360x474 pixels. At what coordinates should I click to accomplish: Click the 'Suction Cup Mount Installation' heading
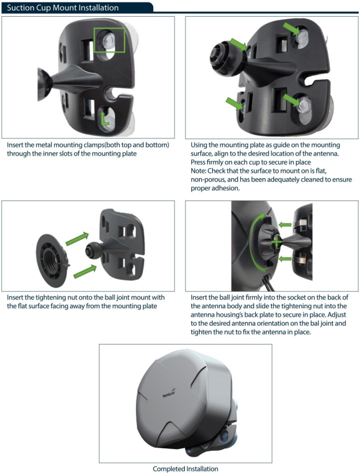pos(63,8)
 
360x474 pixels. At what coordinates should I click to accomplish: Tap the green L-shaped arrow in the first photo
pos(104,119)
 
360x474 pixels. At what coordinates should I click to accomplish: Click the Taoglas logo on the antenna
pos(170,393)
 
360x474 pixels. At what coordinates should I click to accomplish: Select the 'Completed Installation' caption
pos(185,469)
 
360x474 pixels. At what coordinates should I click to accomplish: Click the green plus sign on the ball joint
pos(276,242)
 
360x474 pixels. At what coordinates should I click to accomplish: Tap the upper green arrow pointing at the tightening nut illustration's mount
pos(77,239)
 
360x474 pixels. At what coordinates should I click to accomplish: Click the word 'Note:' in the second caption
pos(198,171)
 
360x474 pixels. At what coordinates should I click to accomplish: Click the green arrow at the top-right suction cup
pos(291,29)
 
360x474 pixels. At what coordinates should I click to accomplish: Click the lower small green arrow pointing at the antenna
pos(284,259)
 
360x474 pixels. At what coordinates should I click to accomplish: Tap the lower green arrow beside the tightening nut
pos(85,271)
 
